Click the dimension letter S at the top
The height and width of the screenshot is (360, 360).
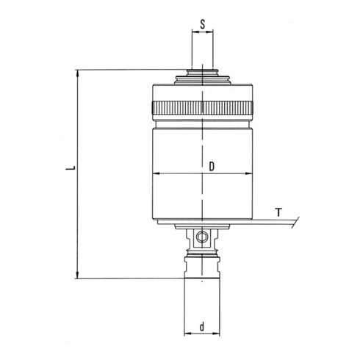pyautogui.click(x=203, y=23)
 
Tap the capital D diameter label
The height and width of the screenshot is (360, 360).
pyautogui.click(x=211, y=167)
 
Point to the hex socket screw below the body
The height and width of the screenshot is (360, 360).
pyautogui.click(x=203, y=237)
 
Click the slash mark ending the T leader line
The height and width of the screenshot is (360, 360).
pyautogui.click(x=293, y=220)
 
